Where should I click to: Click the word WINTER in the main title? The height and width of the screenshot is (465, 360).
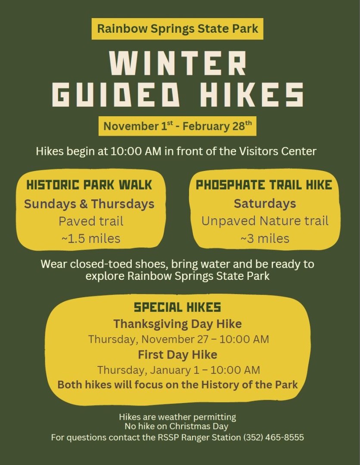click(177, 63)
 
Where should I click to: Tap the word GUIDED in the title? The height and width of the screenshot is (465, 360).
click(116, 94)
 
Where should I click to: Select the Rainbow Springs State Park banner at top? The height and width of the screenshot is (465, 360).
click(177, 29)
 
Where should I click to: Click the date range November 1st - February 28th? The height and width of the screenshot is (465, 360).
click(177, 126)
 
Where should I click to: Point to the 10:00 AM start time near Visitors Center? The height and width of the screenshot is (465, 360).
click(136, 151)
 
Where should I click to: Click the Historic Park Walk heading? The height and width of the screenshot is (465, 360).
click(89, 185)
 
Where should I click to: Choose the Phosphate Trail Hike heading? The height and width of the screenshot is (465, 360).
click(264, 185)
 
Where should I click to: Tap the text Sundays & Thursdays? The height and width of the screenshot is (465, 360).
click(89, 204)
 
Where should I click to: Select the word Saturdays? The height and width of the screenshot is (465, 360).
click(265, 203)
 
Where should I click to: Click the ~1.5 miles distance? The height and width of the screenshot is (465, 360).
click(91, 239)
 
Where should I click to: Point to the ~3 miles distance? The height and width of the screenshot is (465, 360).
click(265, 239)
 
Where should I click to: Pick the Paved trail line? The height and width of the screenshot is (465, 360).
click(91, 221)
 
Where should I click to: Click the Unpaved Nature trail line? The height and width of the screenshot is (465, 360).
click(265, 221)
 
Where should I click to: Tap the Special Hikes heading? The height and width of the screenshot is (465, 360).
click(177, 307)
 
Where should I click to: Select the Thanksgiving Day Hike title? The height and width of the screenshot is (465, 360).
click(177, 323)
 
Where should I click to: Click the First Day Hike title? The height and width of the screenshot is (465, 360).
click(177, 355)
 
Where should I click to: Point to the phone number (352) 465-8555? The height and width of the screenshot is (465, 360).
click(273, 437)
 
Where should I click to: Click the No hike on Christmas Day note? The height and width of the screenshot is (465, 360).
click(177, 426)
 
